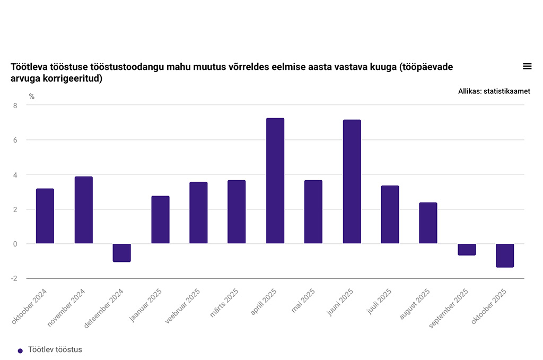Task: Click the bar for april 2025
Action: tap(275, 181)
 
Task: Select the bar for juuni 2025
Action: tap(352, 182)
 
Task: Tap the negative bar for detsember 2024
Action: tap(121, 253)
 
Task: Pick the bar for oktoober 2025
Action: tap(505, 256)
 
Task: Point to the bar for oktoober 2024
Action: tap(45, 216)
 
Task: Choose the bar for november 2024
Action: tap(83, 210)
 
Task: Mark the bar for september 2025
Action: tap(467, 250)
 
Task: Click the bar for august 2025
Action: tap(428, 223)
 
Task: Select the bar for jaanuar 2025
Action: tap(160, 220)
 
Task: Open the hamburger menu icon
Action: tap(527, 66)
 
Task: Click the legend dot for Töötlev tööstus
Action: tap(20, 350)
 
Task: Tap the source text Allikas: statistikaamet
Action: tap(494, 91)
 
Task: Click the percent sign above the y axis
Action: tap(32, 96)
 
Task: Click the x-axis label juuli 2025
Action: tap(380, 301)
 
